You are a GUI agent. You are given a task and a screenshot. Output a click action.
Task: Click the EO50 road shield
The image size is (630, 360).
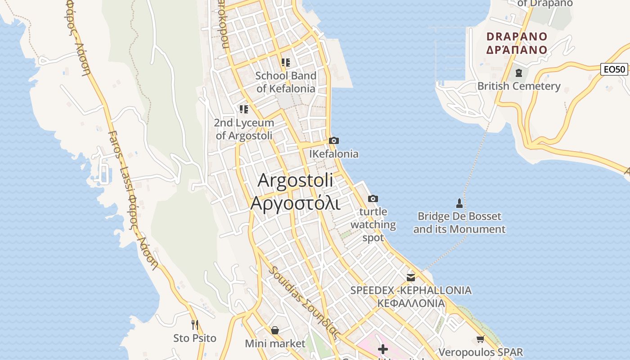tap(614, 69)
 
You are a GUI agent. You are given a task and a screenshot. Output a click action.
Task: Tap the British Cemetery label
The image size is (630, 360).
tap(519, 86)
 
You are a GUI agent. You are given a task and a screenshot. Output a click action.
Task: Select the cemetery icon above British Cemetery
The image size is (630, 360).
tap(518, 72)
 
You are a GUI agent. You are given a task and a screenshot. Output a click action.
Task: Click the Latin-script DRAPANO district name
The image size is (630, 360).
tap(517, 36)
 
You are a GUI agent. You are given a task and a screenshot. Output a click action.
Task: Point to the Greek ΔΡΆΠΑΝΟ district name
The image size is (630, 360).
tap(517, 49)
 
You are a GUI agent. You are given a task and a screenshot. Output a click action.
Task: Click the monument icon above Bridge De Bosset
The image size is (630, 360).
tap(459, 203)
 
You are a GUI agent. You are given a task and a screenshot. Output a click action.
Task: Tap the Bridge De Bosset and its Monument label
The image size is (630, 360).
tap(459, 223)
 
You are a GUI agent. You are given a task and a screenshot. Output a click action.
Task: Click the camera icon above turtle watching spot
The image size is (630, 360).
tap(373, 198)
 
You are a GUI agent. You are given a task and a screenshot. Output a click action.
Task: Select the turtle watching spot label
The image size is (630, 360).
tap(373, 225)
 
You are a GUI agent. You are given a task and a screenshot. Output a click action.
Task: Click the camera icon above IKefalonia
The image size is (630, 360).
tap(333, 140)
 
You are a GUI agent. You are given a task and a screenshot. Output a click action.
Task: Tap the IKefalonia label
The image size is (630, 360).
tap(334, 154)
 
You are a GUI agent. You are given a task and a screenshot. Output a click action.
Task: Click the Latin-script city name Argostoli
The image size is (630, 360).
tap(296, 180)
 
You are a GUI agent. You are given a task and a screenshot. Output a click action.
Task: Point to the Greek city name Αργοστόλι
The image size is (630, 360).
tap(295, 203)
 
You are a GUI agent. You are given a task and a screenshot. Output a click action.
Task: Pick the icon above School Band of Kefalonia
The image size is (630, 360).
tap(286, 62)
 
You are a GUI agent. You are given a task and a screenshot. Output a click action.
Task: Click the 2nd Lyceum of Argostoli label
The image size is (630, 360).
tap(244, 129)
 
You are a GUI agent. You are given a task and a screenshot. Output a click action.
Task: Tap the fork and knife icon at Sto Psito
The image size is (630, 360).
tap(195, 324)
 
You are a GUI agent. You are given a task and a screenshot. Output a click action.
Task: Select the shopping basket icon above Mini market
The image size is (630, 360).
tap(275, 330)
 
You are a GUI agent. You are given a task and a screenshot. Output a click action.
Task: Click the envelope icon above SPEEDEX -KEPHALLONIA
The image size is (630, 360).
tap(411, 277)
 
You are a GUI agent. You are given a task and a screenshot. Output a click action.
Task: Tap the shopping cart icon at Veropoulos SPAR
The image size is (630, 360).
tap(481, 339)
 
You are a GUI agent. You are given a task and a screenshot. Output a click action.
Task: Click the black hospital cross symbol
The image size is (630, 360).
tap(383, 349)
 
